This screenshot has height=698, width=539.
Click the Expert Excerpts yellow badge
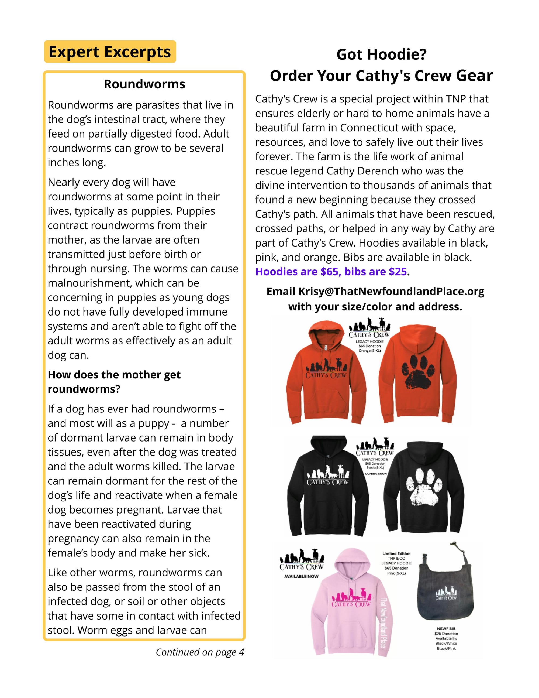point(110,52)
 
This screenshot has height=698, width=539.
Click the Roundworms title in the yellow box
point(144,84)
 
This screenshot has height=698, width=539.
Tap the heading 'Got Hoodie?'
point(381,54)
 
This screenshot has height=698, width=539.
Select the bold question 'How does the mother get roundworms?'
point(114,382)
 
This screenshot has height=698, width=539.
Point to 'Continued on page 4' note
point(200,652)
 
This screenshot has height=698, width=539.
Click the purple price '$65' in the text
point(329,272)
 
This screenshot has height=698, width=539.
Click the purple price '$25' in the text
point(398,272)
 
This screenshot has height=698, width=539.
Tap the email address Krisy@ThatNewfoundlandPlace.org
point(391,291)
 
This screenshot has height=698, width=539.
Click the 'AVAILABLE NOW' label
point(301,576)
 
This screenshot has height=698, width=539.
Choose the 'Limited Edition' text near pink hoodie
point(396,553)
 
